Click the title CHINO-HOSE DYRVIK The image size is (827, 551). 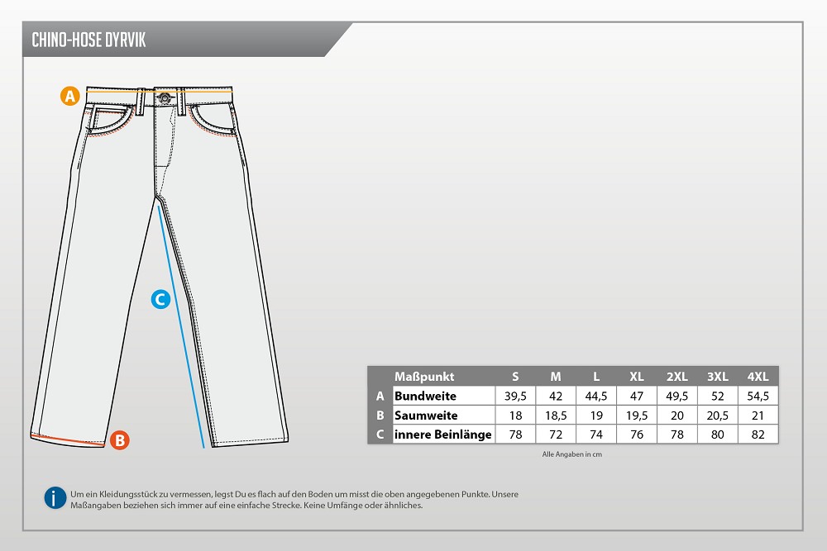click(88, 40)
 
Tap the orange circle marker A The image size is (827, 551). click(69, 96)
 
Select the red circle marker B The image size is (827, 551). click(120, 439)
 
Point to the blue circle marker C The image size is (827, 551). click(160, 299)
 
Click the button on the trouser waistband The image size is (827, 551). click(165, 97)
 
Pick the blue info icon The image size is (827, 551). click(55, 498)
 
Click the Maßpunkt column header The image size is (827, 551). click(424, 377)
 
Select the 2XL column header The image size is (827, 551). click(676, 377)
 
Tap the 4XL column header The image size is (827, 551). click(758, 377)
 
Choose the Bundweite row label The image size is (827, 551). click(425, 397)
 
